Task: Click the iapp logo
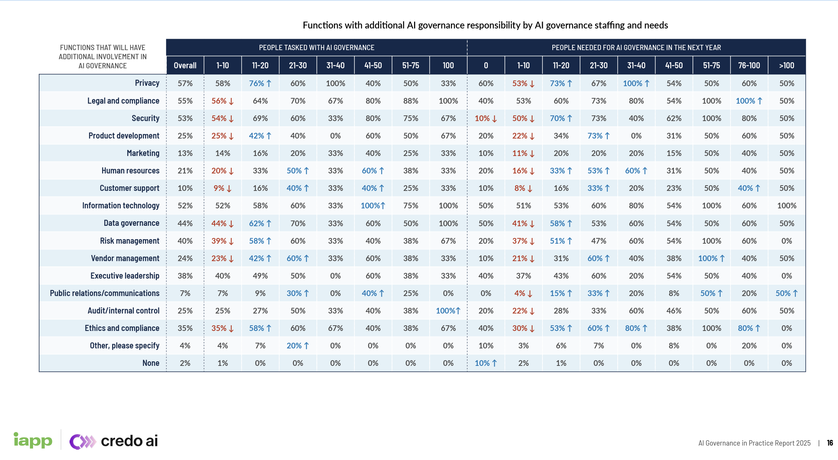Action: click(x=33, y=440)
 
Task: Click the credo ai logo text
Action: click(x=129, y=441)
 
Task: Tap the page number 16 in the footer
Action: click(x=830, y=443)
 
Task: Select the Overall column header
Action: click(x=185, y=65)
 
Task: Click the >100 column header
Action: click(x=786, y=65)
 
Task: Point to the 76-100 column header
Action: click(x=749, y=65)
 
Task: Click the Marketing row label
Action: click(x=143, y=153)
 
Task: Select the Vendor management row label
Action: click(x=125, y=258)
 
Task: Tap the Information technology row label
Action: click(x=120, y=206)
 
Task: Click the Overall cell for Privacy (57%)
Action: click(x=185, y=83)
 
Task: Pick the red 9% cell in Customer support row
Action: click(x=222, y=188)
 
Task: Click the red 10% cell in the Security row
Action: click(x=485, y=118)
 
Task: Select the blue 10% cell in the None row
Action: click(x=485, y=363)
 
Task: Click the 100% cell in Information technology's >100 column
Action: click(x=786, y=206)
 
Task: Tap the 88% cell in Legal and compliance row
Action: click(x=411, y=101)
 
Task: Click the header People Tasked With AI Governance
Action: click(x=316, y=47)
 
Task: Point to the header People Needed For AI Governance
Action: click(x=636, y=47)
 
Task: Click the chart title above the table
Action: click(x=485, y=25)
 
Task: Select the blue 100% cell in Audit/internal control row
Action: click(x=448, y=311)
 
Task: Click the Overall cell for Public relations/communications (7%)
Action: click(x=185, y=293)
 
